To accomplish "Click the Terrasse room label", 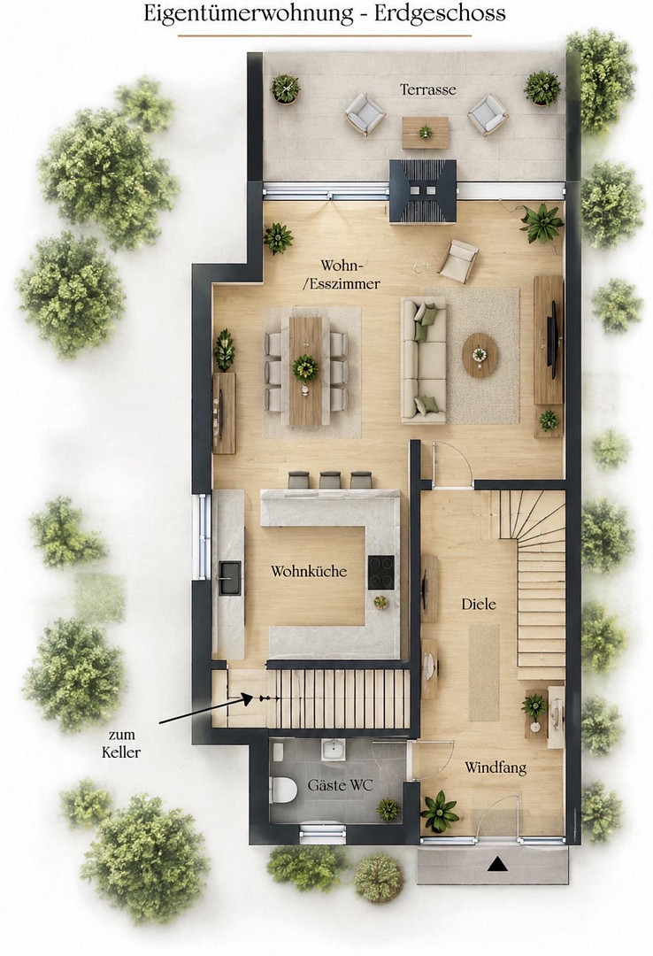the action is click(428, 89).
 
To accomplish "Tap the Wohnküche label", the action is click(309, 571).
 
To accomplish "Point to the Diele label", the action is click(479, 605).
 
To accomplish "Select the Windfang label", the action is click(496, 767).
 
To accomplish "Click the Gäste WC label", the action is click(340, 785).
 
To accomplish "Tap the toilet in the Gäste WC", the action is click(283, 789).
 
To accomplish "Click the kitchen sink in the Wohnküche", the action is click(230, 577).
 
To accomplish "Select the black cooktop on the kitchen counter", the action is click(381, 572).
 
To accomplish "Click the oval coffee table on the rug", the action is click(480, 355).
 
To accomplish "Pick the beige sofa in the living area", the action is click(424, 360).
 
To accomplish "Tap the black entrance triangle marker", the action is click(500, 863).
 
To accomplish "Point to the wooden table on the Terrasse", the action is click(426, 132).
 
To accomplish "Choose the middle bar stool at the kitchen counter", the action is click(330, 480).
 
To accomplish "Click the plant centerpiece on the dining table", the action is click(305, 367).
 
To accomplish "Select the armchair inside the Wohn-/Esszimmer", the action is click(457, 260).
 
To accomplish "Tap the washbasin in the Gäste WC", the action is click(334, 750).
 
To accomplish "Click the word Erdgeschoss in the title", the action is click(440, 12).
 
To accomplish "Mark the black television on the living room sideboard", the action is click(552, 339).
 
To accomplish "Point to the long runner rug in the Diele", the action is click(484, 672).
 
